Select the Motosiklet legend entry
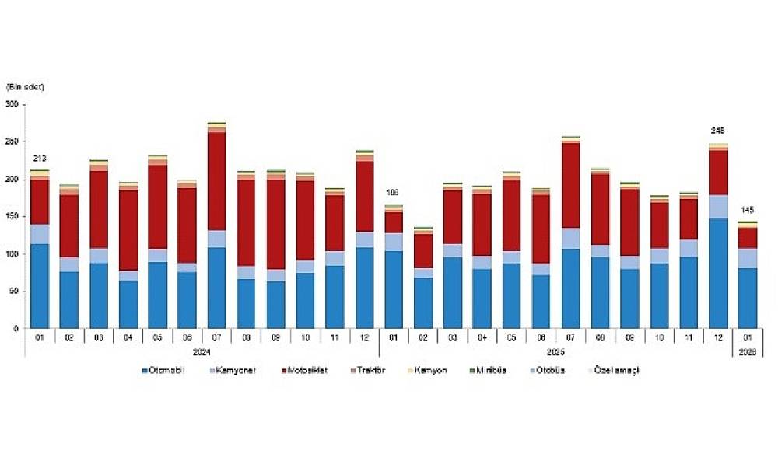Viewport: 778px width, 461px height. point(307,371)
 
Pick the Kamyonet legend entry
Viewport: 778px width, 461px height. point(236,371)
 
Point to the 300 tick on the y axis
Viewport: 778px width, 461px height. point(12,104)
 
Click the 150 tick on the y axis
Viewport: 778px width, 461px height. point(12,216)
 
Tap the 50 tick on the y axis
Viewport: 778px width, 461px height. point(13,292)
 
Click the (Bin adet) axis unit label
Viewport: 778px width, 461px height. point(26,86)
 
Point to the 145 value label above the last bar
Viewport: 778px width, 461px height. point(747,210)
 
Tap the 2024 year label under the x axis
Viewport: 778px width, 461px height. point(200,351)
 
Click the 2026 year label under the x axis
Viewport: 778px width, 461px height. point(748,351)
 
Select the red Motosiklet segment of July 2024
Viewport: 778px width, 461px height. point(216,181)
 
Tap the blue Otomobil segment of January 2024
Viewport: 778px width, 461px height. point(39,286)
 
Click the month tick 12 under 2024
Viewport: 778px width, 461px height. point(363,338)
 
